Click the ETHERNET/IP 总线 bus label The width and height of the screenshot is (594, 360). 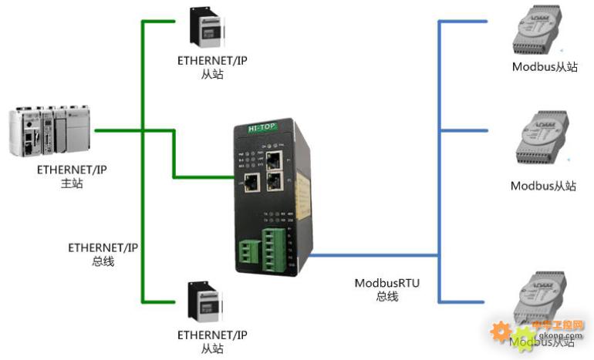103,254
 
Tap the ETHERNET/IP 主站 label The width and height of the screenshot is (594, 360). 71,177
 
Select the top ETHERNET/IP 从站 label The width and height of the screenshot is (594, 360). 212,68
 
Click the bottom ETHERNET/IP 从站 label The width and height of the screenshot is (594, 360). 212,341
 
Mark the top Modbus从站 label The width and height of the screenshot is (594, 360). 545,67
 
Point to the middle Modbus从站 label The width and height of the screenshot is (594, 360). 543,186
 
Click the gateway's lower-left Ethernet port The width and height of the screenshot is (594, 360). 251,183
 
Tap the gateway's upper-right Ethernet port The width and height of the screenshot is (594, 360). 274,160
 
